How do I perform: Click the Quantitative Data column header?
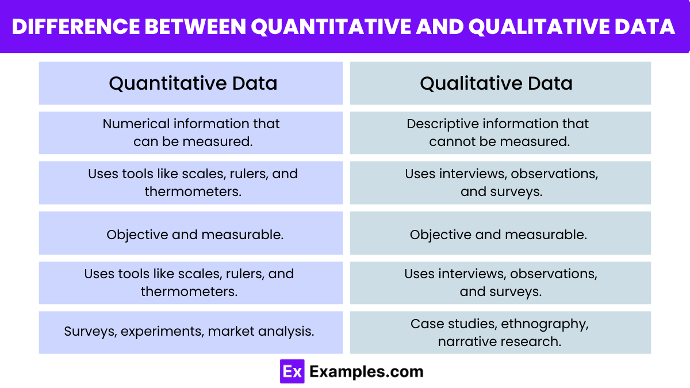(193, 83)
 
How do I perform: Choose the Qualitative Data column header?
(496, 83)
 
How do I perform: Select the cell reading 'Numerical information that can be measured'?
(191, 133)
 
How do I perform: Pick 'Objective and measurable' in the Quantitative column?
(195, 235)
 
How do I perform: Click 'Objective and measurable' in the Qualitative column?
(498, 235)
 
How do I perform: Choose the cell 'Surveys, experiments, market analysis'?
(189, 332)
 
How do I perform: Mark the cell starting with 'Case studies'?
(499, 332)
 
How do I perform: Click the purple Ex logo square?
(292, 371)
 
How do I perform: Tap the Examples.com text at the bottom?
(366, 371)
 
